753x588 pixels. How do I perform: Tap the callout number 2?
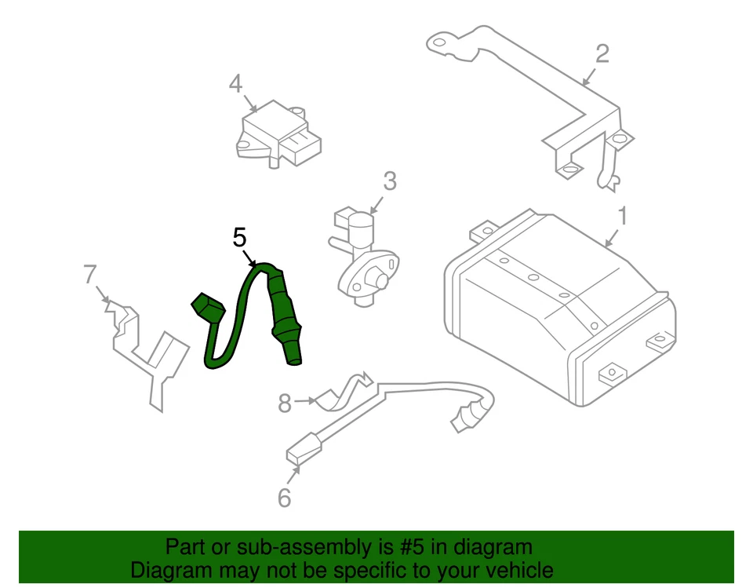(x=602, y=53)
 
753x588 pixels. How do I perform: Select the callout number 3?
(x=390, y=182)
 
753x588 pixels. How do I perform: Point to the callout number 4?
(x=236, y=83)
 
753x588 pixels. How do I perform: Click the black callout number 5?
(x=240, y=237)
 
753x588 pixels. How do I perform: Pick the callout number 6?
(x=284, y=498)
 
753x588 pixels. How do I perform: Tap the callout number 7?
(x=90, y=275)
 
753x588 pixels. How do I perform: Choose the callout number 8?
(x=285, y=404)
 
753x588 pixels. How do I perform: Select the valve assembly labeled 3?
(x=362, y=255)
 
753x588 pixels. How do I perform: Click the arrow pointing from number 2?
(x=589, y=75)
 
